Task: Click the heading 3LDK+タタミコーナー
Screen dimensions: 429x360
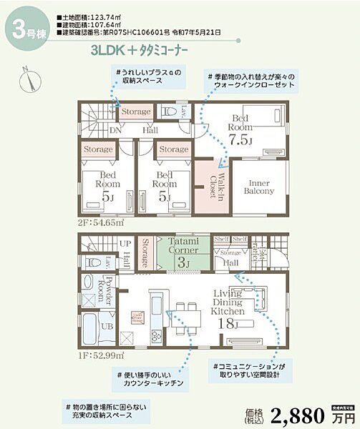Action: click(x=140, y=51)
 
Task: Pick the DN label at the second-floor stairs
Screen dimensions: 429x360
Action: click(x=115, y=130)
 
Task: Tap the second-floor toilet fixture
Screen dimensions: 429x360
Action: click(x=170, y=112)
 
